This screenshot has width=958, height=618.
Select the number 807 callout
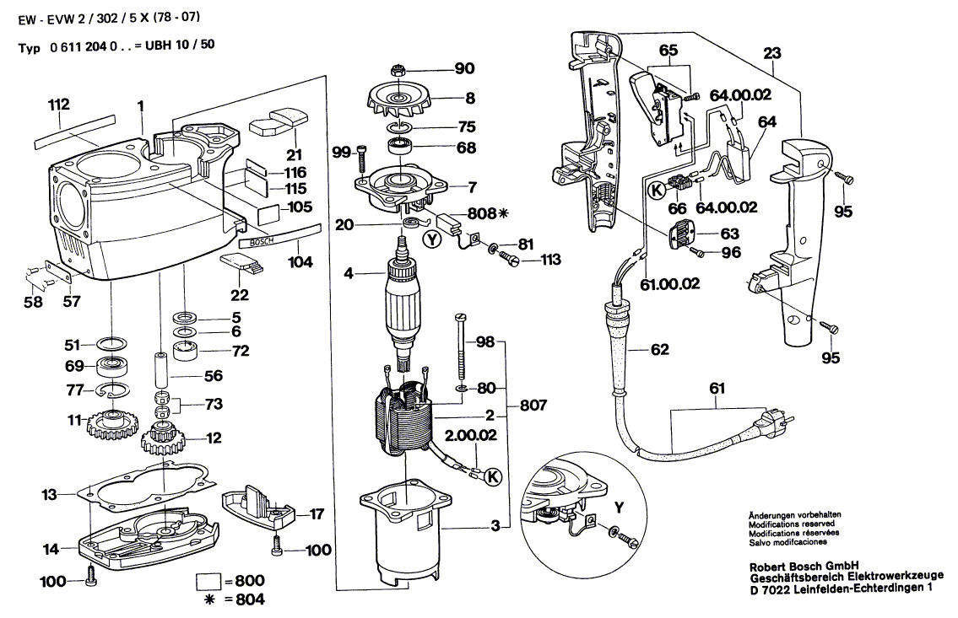533,406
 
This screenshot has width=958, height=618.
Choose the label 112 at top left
58,105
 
